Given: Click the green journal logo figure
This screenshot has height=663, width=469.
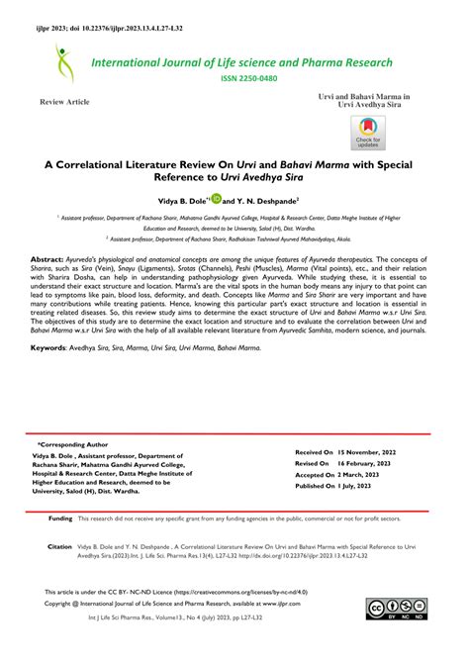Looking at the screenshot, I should (66, 64).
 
